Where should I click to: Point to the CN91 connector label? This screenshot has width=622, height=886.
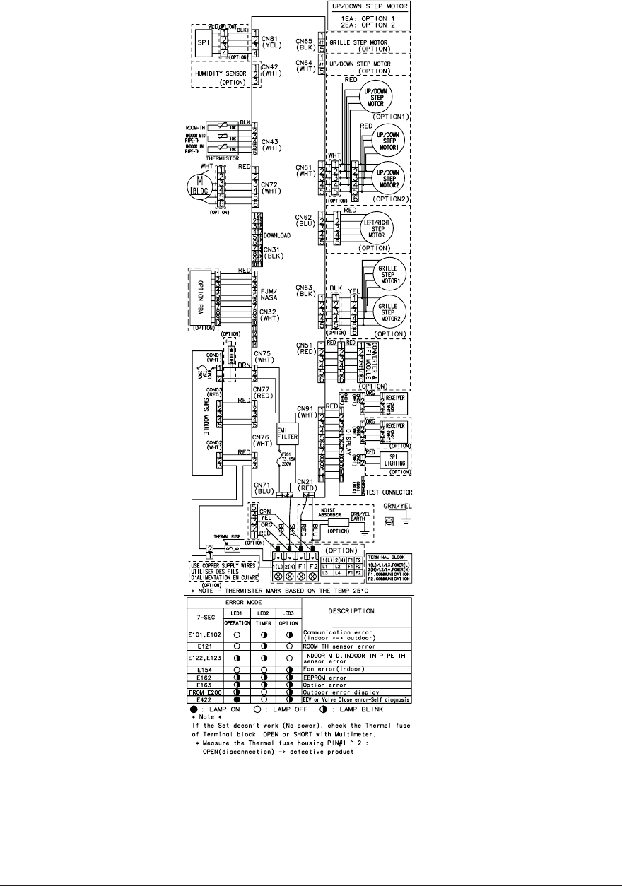click(305, 412)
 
